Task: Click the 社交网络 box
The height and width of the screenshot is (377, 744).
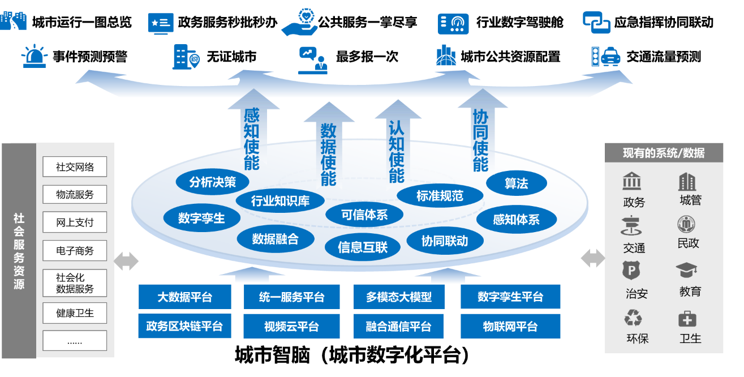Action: click(75, 167)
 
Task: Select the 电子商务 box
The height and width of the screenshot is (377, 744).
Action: click(75, 250)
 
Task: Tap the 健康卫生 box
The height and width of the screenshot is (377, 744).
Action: click(75, 312)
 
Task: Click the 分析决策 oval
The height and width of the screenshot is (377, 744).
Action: click(213, 182)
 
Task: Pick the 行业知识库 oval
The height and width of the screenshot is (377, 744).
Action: click(280, 201)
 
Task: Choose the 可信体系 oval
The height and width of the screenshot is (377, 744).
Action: click(364, 215)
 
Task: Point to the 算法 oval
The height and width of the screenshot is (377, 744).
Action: click(516, 183)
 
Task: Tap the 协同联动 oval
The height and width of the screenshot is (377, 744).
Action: click(445, 241)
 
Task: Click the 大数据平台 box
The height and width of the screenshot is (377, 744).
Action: click(185, 297)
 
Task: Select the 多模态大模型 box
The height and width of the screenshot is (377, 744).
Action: click(399, 297)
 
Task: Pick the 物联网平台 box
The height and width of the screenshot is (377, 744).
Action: click(510, 327)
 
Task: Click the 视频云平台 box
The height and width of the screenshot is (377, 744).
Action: click(291, 327)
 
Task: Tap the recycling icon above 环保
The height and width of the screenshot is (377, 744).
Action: click(633, 318)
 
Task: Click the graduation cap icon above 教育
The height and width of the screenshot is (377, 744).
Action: click(687, 271)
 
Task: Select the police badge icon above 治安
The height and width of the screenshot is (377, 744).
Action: click(631, 271)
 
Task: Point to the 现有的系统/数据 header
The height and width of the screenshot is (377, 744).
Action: click(664, 153)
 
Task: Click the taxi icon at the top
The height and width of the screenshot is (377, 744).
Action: click(610, 56)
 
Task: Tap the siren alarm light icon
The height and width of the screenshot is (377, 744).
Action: click(34, 56)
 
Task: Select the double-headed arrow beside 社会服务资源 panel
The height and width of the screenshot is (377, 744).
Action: click(126, 261)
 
